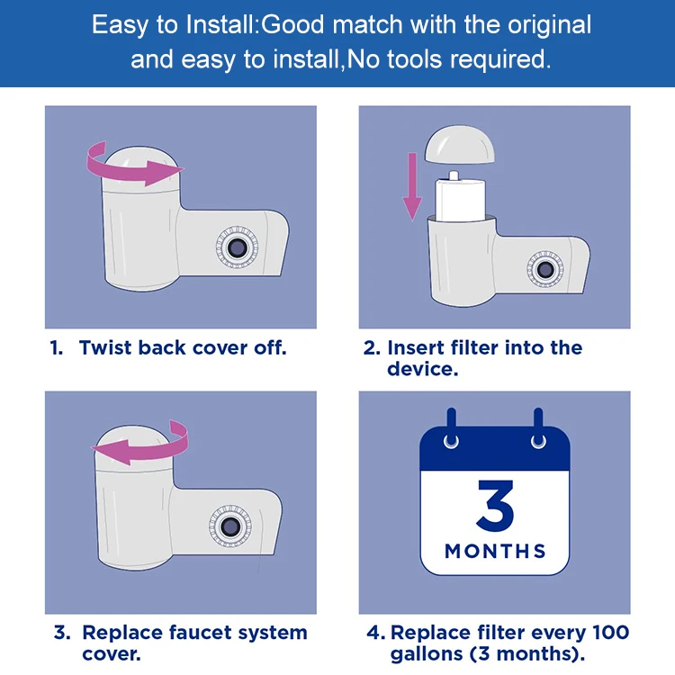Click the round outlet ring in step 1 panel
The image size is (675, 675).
[x=238, y=247]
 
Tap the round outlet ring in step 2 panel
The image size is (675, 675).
[x=544, y=269]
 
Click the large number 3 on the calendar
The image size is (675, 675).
[x=494, y=508]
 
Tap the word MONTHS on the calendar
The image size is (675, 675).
[x=494, y=551]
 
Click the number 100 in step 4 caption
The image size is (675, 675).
[x=610, y=633]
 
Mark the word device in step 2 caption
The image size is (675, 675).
[x=418, y=369]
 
